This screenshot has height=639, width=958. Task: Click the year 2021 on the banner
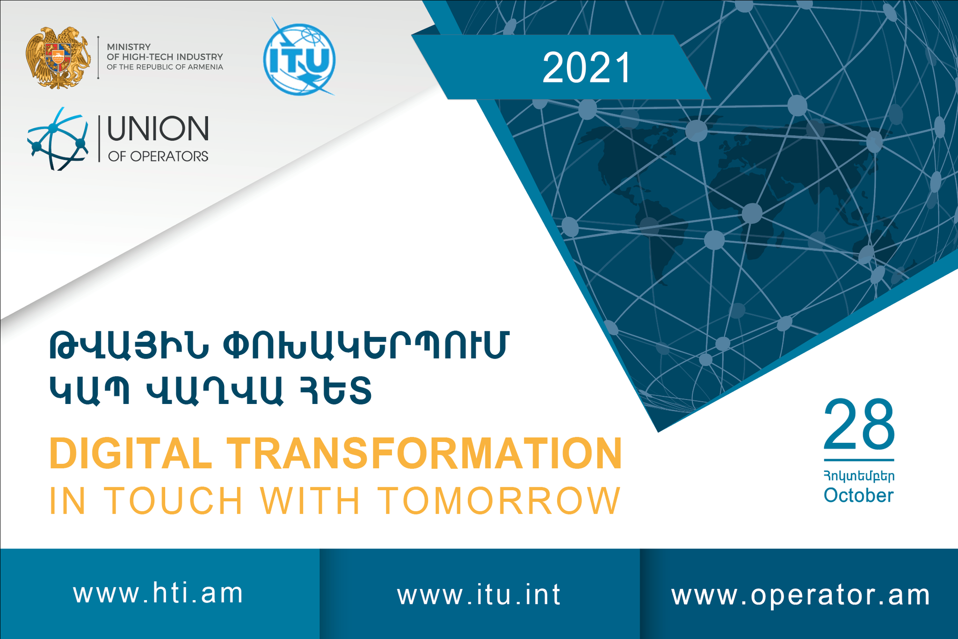[587, 68]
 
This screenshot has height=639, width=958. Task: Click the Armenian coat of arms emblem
[58, 57]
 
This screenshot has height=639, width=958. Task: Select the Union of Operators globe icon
[57, 139]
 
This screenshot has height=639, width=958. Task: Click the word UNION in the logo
[158, 129]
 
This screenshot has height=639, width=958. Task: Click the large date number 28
[859, 425]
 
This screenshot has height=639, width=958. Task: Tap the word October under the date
[858, 495]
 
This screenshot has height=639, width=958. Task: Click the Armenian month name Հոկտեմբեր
[859, 476]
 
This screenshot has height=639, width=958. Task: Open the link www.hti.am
[159, 593]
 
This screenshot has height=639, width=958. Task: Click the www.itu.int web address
[479, 595]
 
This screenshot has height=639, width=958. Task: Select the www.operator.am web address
[801, 595]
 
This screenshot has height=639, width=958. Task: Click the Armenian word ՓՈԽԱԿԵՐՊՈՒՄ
[365, 345]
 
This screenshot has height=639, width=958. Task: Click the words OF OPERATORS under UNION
[158, 156]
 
